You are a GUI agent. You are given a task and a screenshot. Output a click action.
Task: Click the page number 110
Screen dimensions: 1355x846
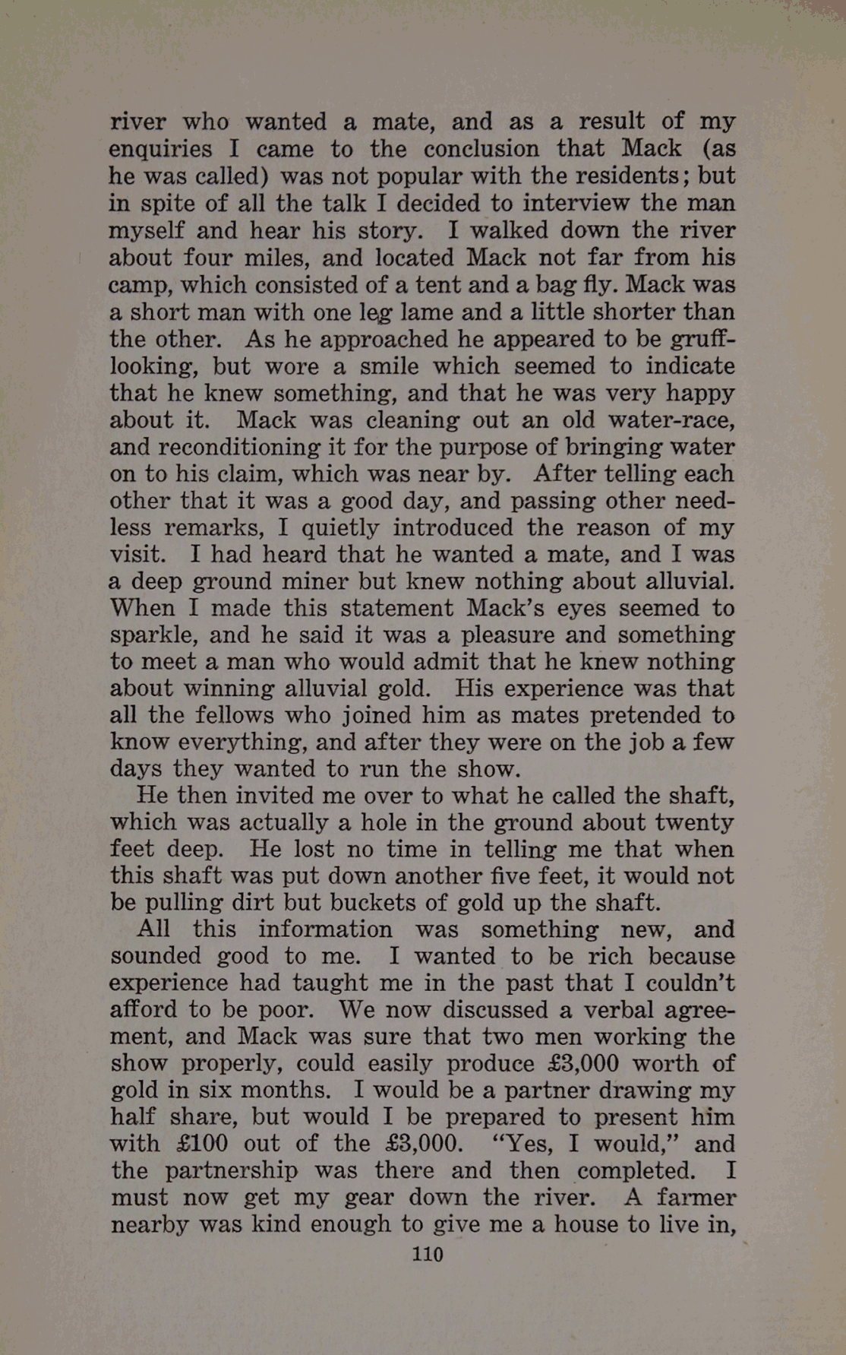(427, 1254)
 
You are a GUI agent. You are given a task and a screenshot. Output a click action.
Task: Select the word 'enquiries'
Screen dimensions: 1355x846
(160, 149)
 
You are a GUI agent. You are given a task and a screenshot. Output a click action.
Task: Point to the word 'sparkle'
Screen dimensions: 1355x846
(153, 635)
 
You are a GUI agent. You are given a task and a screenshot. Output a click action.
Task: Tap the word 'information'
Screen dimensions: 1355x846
(325, 929)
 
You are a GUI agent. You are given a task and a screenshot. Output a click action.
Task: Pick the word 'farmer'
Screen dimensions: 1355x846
(696, 1198)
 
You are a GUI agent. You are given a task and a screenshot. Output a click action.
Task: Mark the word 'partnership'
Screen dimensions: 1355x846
(234, 1171)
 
